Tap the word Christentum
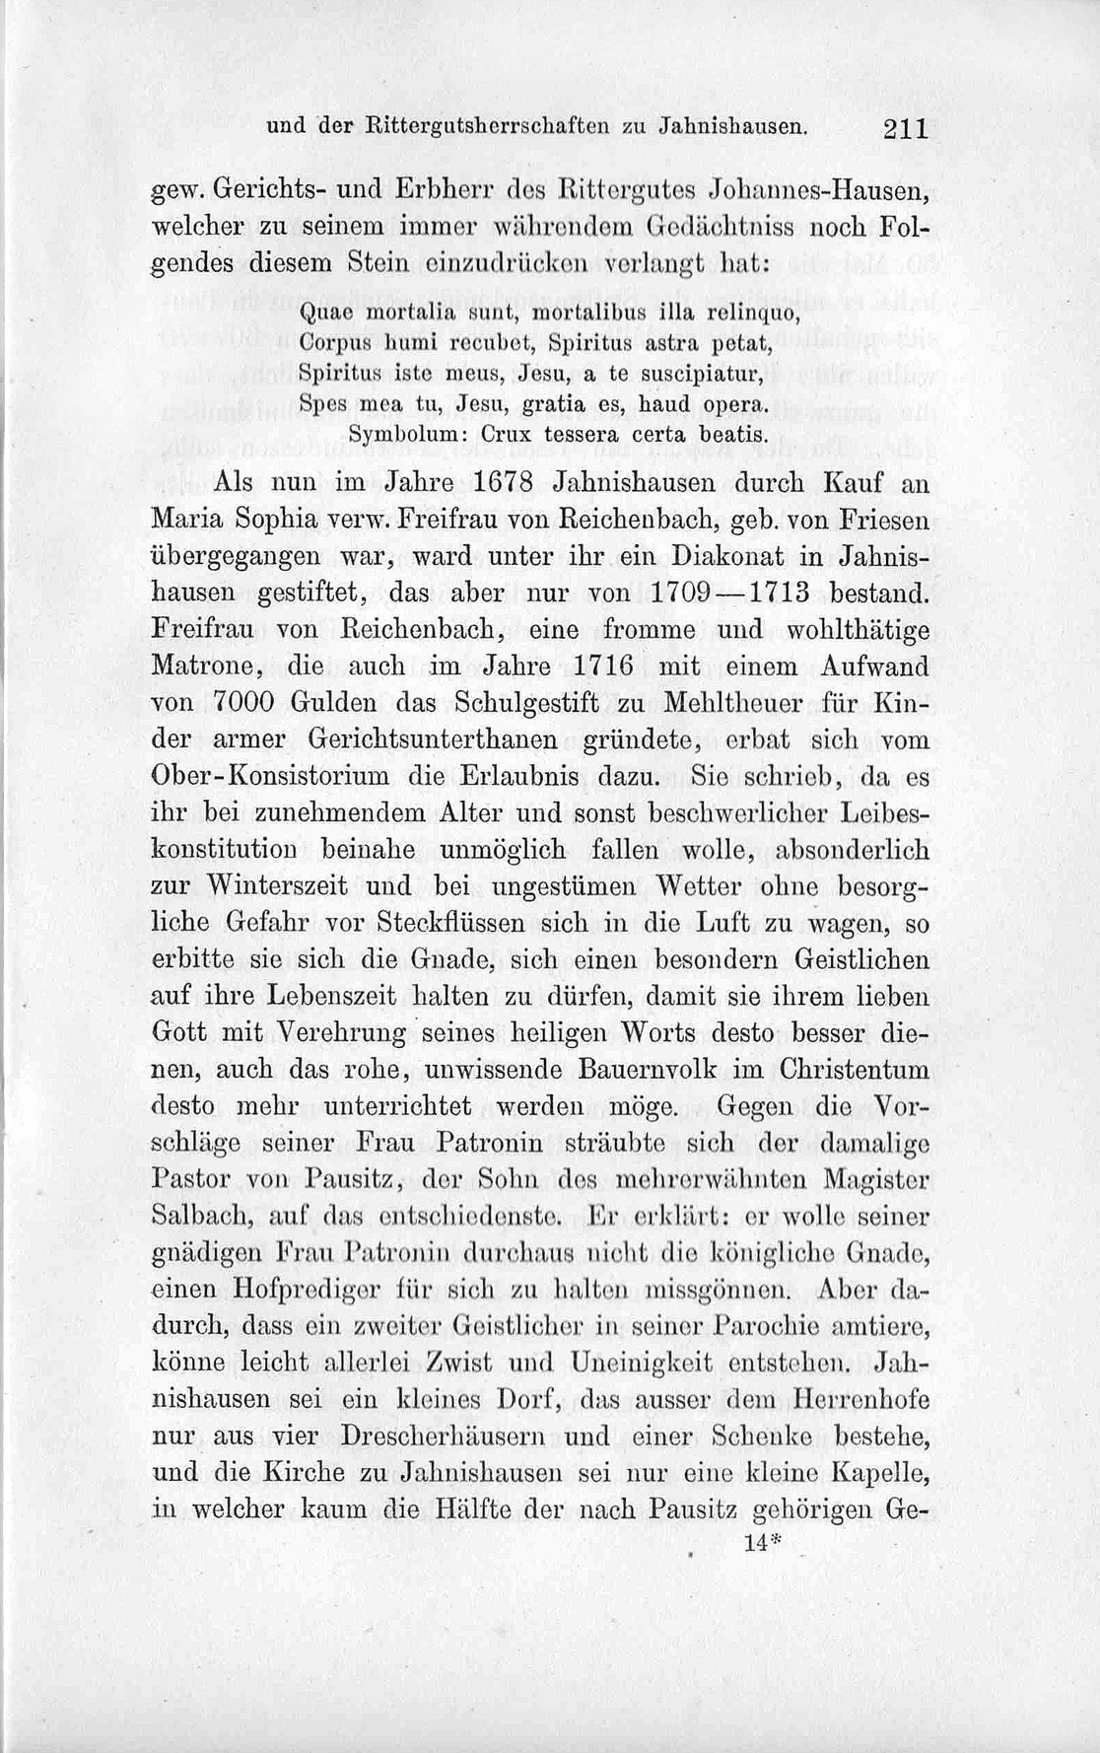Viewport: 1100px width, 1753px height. [x=855, y=1070]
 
